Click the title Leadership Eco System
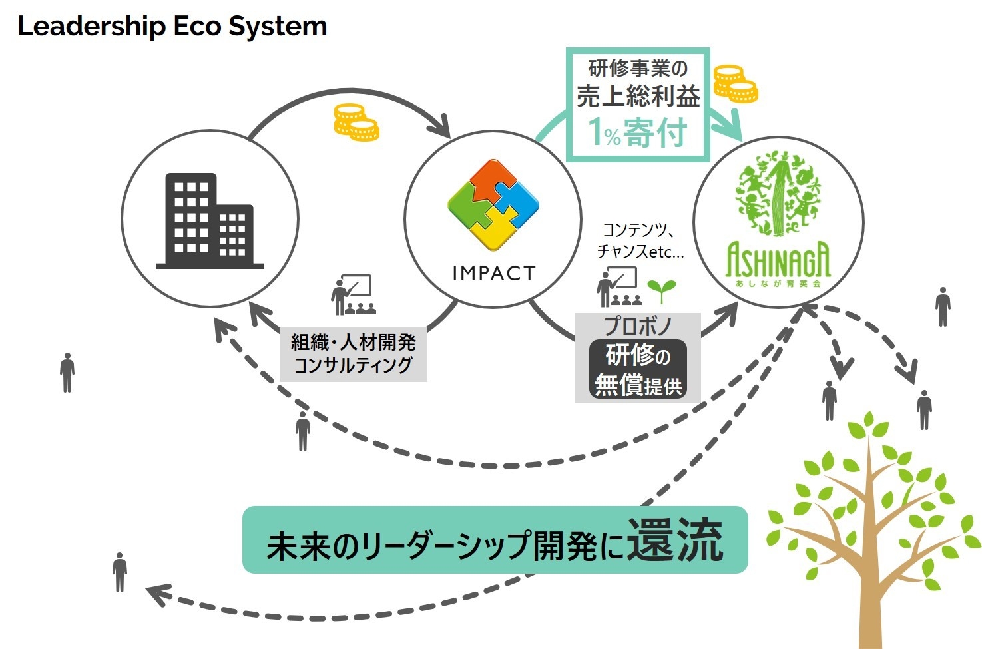coord(172,27)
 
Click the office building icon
coord(209,221)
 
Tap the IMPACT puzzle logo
coord(493,204)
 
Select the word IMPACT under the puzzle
coord(493,274)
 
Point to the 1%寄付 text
coord(637,132)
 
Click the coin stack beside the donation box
coord(735,84)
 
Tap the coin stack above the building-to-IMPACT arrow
coord(356,122)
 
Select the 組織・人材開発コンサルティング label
coord(354,354)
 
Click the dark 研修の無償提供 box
coord(638,370)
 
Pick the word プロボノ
coord(638,326)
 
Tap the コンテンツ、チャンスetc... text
coord(640,241)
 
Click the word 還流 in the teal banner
coord(674,541)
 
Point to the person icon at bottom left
coord(120,572)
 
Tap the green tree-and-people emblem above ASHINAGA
coord(778,194)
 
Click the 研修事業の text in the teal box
coord(637,69)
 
